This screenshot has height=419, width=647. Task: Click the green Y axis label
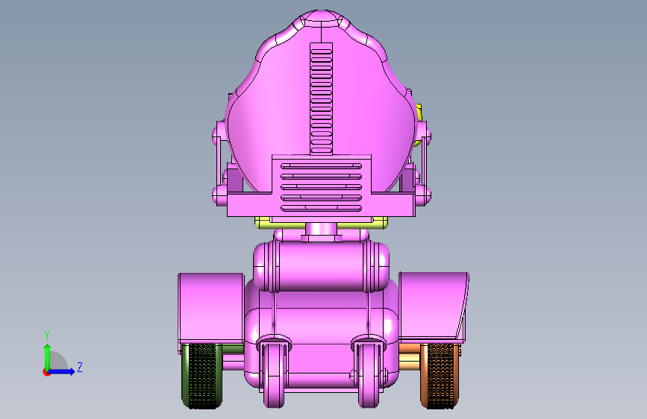47,335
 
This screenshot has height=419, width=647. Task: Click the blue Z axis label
80,367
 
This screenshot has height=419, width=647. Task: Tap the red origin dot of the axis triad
46,372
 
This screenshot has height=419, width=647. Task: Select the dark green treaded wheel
201,376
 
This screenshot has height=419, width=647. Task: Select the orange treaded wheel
440,376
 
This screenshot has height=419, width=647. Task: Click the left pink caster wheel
274,374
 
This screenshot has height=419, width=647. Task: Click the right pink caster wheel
369,374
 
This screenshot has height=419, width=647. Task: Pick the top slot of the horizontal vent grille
321,166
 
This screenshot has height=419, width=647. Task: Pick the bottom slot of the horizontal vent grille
321,209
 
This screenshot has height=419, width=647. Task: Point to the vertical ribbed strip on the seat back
321,98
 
